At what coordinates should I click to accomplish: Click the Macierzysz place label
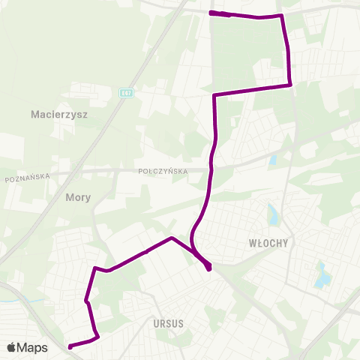[60, 115]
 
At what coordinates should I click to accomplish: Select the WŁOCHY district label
[268, 243]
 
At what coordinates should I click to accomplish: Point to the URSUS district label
[168, 323]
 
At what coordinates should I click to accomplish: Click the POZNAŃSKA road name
[27, 178]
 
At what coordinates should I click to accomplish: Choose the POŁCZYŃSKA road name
[163, 171]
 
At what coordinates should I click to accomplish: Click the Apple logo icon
[11, 347]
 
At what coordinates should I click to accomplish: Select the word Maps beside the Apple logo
[32, 347]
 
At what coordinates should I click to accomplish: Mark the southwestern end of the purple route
[70, 346]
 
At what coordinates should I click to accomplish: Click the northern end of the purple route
[211, 13]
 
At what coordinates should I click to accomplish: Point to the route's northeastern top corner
[282, 16]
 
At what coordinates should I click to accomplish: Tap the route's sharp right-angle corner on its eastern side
[290, 85]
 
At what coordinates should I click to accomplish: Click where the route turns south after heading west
[214, 95]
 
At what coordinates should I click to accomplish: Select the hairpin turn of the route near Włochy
[208, 266]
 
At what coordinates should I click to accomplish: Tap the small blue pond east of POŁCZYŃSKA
[272, 160]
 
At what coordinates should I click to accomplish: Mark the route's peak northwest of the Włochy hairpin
[172, 238]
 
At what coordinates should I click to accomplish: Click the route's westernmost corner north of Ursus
[94, 268]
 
